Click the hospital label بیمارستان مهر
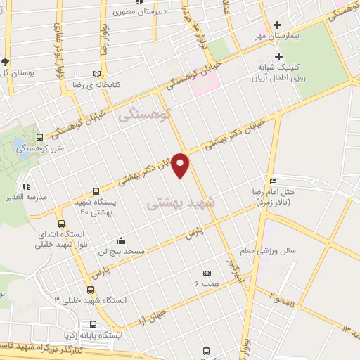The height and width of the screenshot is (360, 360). (x=281, y=34)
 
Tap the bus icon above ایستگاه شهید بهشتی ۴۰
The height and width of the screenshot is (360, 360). (x=96, y=191)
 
